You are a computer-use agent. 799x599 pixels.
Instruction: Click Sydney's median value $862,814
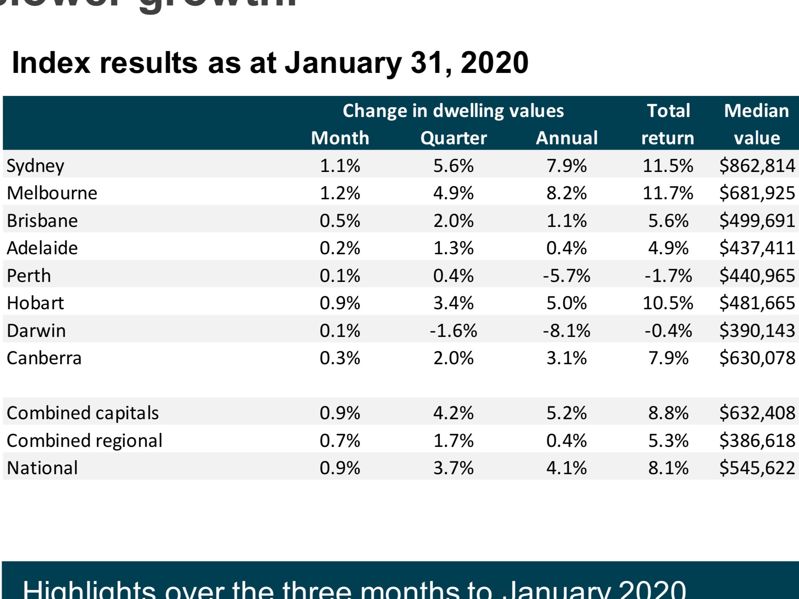point(757,166)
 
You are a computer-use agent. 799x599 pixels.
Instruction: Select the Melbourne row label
point(52,193)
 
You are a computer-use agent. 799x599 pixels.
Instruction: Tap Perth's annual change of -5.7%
point(566,276)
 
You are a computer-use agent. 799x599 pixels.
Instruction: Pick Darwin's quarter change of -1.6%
point(453,331)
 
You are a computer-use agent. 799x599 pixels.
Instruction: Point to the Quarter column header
point(453,138)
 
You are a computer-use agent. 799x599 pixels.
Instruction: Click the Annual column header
point(566,138)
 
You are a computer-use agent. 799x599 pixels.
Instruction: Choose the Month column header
point(340,138)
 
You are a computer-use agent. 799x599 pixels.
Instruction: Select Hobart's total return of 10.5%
point(668,303)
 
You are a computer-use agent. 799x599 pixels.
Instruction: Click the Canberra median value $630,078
point(757,358)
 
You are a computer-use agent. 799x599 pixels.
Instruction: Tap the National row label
point(42,468)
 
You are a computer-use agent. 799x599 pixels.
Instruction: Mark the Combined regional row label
point(84,441)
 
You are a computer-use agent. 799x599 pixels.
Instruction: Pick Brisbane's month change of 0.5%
point(340,221)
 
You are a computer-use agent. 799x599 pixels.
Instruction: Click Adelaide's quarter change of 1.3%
point(453,248)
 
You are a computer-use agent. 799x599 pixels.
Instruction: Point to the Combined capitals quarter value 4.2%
point(453,413)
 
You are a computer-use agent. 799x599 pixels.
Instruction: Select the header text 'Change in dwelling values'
point(453,111)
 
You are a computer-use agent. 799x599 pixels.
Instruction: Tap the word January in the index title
point(343,64)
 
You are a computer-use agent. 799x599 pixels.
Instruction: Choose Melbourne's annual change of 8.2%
point(566,193)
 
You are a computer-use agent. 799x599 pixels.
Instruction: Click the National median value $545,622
point(757,468)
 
